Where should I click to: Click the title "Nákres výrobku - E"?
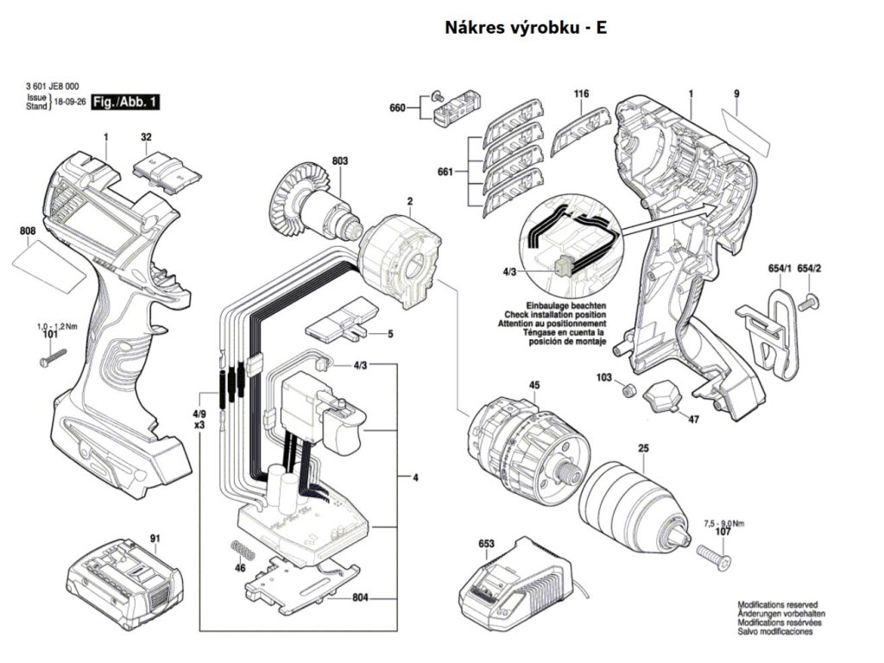[526, 28]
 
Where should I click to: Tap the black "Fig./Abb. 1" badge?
[125, 102]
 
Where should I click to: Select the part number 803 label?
[340, 161]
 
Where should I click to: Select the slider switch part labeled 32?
[167, 172]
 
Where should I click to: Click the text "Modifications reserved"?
[778, 604]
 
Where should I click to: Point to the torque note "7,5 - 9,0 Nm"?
[724, 523]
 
